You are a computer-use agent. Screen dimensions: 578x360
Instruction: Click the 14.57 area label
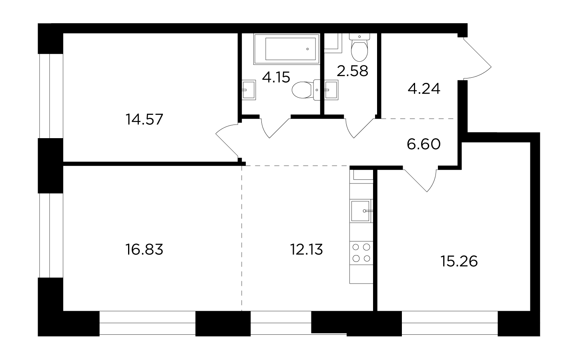point(144,119)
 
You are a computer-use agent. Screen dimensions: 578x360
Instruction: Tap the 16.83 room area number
point(144,249)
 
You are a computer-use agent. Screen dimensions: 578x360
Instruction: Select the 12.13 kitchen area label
point(307,249)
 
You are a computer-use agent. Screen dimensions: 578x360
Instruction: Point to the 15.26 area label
point(459,261)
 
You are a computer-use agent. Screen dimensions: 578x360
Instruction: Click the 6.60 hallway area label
point(424,144)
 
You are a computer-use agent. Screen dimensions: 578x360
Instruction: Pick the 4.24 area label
point(424,89)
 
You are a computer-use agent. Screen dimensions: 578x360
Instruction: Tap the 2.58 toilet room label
point(352,71)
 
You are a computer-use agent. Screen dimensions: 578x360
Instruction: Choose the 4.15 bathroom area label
point(276,77)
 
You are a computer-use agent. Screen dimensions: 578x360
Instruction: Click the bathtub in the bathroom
point(287,49)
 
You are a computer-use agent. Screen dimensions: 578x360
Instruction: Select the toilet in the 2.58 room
point(359,48)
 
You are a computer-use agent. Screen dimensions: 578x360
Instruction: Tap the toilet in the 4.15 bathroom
point(306,90)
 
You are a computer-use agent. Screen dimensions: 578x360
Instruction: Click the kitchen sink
point(361,211)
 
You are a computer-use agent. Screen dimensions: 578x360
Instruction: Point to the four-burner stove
point(361,253)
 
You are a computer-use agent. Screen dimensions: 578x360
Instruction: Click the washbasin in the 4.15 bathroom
point(249,90)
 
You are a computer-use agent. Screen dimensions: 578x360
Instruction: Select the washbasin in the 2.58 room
point(331,90)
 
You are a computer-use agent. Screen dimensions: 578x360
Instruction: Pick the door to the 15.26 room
point(420,180)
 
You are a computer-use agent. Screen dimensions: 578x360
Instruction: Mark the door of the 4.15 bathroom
point(275,128)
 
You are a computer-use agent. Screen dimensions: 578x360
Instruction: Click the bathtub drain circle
point(307,49)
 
